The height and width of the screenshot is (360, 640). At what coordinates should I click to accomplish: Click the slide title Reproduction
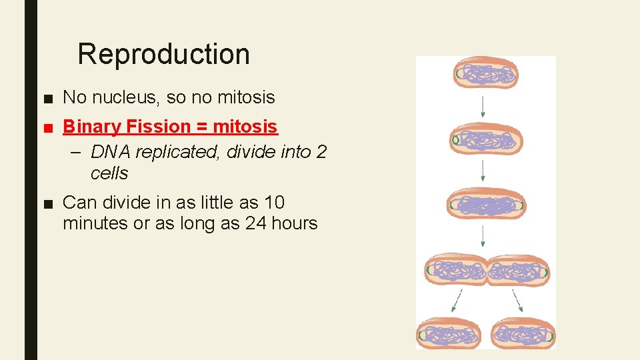pyautogui.click(x=163, y=54)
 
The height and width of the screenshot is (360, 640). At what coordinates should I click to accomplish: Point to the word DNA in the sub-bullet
pyautogui.click(x=111, y=152)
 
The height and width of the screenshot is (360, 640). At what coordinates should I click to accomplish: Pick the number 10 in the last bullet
pyautogui.click(x=275, y=202)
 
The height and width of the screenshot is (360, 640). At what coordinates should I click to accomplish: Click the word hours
pyautogui.click(x=295, y=223)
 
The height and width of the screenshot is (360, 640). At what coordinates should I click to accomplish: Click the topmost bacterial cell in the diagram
pyautogui.click(x=485, y=74)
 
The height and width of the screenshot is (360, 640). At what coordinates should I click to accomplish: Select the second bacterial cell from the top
pyautogui.click(x=486, y=140)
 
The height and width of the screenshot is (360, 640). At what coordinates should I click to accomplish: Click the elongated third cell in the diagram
pyautogui.click(x=485, y=205)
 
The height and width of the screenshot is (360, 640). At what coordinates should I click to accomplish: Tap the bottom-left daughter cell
pyautogui.click(x=449, y=333)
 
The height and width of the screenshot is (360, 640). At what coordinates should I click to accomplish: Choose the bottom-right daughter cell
pyautogui.click(x=523, y=333)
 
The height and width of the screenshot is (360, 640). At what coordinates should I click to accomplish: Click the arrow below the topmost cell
pyautogui.click(x=483, y=106)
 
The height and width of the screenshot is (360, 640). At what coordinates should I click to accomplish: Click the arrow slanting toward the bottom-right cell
pyautogui.click(x=517, y=301)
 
